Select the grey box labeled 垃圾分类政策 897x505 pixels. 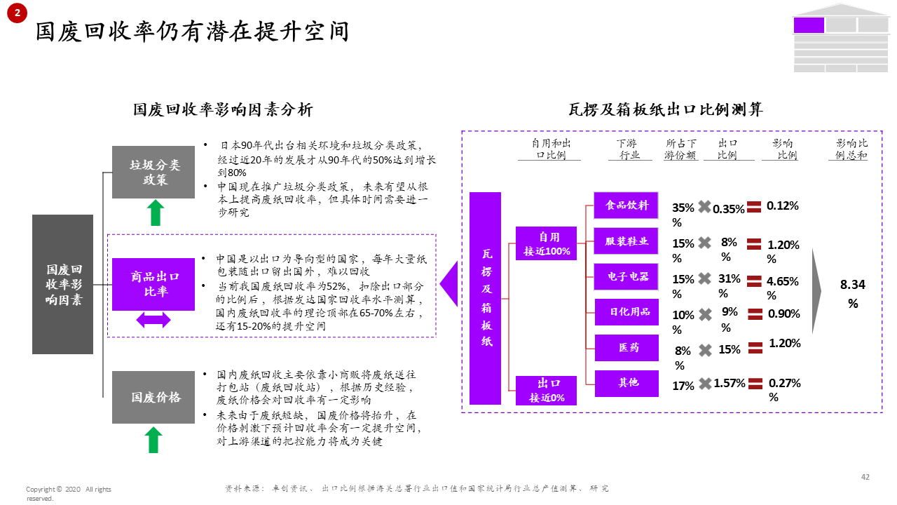(153, 173)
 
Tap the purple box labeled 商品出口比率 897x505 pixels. (153, 284)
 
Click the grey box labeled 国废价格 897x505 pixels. (153, 397)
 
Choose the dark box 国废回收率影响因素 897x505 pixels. (62, 284)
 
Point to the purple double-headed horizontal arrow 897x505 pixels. (153, 320)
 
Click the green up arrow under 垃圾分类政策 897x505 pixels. (156, 213)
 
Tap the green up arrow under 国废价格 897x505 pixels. (153, 440)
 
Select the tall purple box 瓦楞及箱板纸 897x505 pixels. (485, 298)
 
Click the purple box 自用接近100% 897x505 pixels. (546, 243)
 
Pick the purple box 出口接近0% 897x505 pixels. (546, 391)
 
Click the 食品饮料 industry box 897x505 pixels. (626, 206)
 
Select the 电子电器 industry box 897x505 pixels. (626, 276)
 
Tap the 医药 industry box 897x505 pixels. (626, 347)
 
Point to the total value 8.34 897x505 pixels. (853, 285)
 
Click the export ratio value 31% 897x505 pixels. (729, 278)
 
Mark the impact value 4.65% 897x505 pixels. (783, 281)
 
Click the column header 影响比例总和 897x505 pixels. (851, 149)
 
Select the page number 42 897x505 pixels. (865, 477)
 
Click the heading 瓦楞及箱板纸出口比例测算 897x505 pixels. (665, 109)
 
